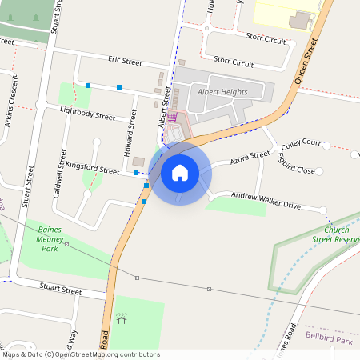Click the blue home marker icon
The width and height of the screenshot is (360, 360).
(x=180, y=172)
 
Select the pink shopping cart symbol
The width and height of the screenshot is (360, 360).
(x=171, y=117)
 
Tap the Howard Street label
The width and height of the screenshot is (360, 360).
(x=128, y=126)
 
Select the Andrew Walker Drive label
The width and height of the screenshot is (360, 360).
(x=266, y=200)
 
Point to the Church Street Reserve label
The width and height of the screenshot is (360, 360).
(x=335, y=234)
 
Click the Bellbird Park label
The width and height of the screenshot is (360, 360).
(x=329, y=340)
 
